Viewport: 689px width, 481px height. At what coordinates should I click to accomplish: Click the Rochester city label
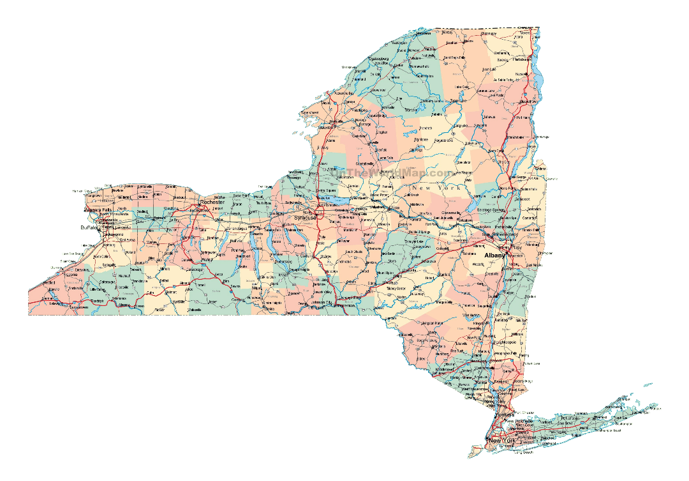[x=212, y=202]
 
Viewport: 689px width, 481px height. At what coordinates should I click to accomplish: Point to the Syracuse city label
[x=305, y=218]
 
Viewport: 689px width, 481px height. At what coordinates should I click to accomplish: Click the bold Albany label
[x=494, y=255]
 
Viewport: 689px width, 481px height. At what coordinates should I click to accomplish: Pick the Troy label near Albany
[x=517, y=246]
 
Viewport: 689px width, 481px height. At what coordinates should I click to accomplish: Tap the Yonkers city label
[x=505, y=415]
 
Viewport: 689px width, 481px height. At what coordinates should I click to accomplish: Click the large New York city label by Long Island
[x=501, y=441]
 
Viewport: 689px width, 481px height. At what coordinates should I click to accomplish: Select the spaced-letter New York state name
[x=436, y=187]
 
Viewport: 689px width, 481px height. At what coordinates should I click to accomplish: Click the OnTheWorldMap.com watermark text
[x=391, y=173]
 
